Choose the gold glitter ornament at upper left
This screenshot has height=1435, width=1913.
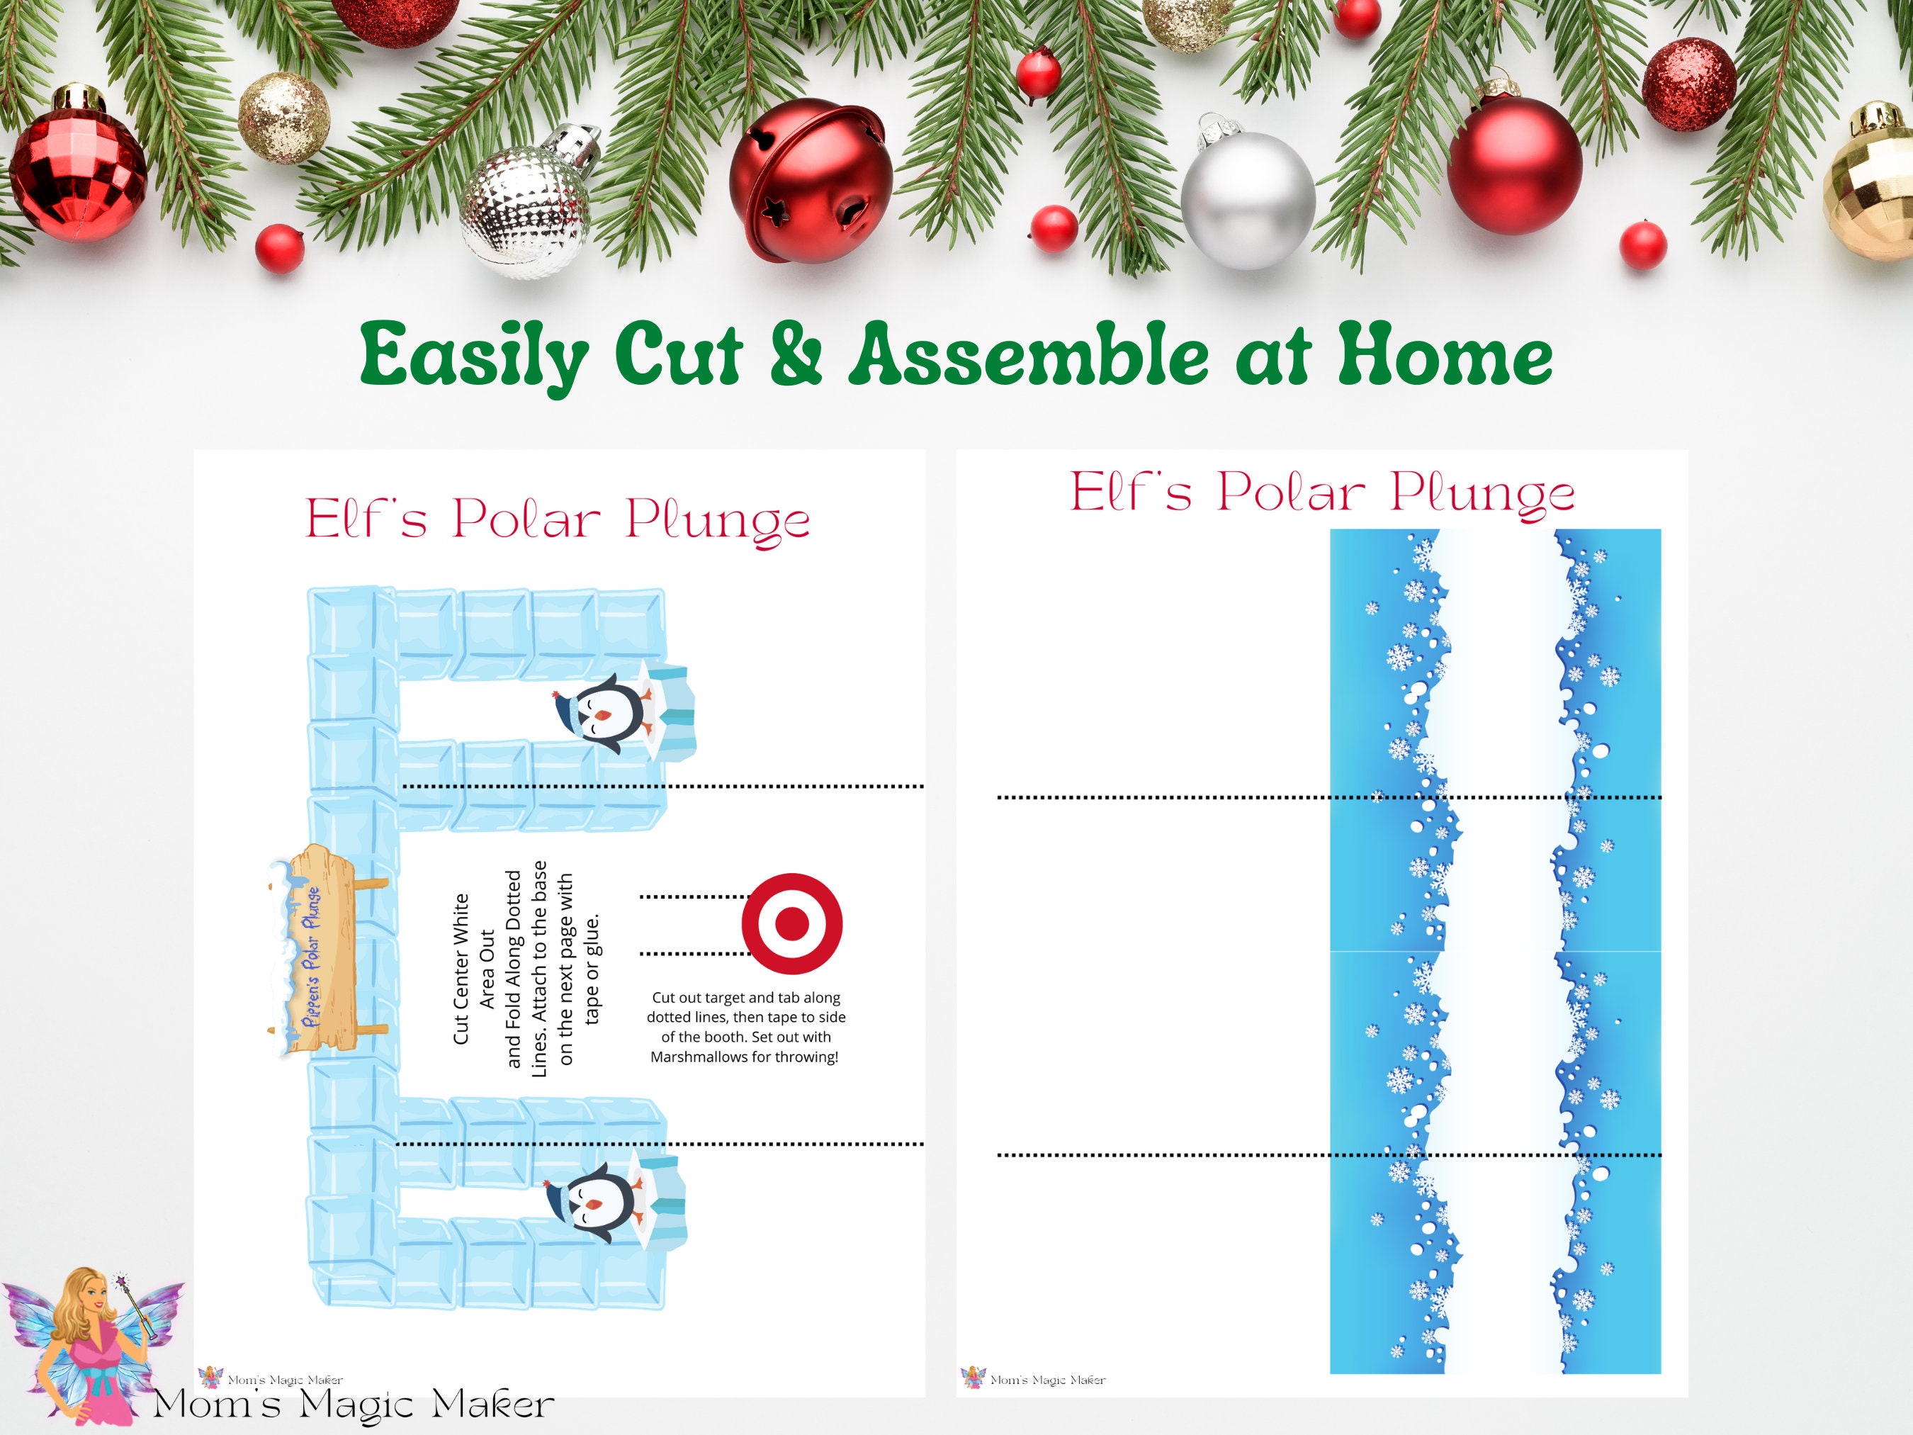coord(283,118)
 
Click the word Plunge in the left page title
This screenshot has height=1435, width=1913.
coord(718,521)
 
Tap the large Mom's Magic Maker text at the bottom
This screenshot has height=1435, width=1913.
coord(354,1404)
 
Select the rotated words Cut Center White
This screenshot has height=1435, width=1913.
coord(461,968)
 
